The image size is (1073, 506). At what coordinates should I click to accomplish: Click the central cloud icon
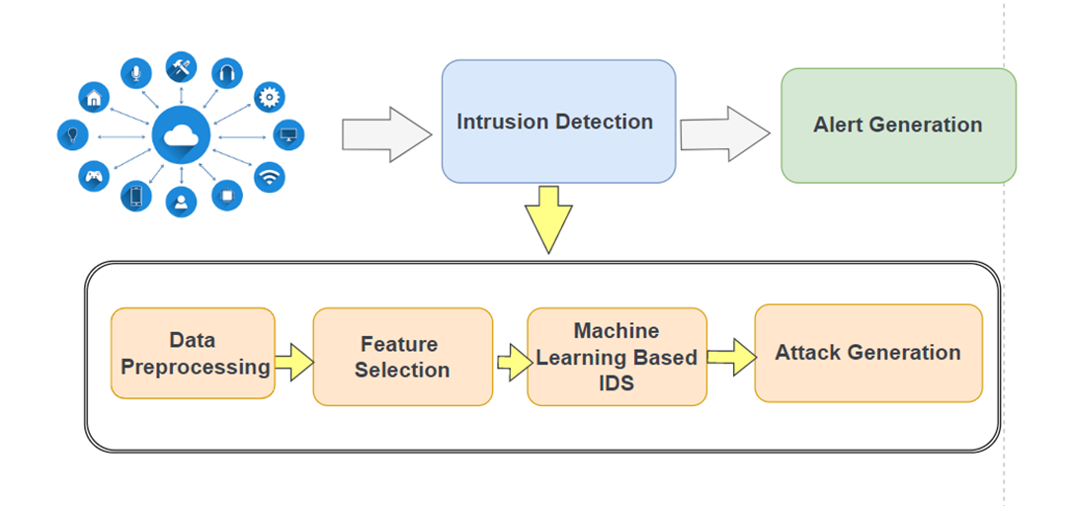(182, 136)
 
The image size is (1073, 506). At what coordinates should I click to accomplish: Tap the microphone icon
(136, 72)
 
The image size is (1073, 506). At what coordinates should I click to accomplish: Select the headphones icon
(227, 73)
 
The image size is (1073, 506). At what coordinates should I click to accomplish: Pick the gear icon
(270, 97)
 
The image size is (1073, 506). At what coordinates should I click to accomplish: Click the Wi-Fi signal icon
(270, 177)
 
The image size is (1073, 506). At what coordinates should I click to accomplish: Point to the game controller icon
(93, 177)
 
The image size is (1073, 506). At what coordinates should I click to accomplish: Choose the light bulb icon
(72, 134)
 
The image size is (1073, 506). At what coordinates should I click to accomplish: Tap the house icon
(94, 97)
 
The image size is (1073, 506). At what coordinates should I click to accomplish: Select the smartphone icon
(136, 197)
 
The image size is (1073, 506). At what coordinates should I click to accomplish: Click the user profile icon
(182, 202)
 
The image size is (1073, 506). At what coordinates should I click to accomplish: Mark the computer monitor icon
(289, 134)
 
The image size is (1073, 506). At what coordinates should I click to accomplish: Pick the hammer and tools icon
(182, 67)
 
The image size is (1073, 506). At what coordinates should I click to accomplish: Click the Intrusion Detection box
(558, 122)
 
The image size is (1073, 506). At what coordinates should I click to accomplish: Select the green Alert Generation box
(898, 126)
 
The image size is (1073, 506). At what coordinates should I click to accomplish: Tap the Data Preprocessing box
(193, 353)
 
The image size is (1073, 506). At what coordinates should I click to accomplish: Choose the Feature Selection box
(403, 357)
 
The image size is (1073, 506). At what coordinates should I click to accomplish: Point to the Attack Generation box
(868, 353)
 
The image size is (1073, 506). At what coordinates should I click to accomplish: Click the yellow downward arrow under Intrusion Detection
(549, 218)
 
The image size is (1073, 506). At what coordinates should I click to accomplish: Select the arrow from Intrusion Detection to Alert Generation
(724, 133)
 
